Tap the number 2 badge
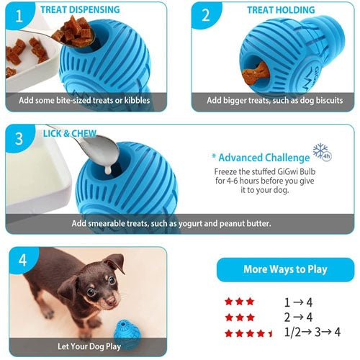[x=205, y=15]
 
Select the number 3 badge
[x=19, y=138]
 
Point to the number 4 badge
[x=22, y=260]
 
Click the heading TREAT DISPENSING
[x=80, y=9]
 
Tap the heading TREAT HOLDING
[x=281, y=10]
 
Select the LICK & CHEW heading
[x=70, y=133]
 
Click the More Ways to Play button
[x=285, y=269]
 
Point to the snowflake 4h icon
[x=323, y=152]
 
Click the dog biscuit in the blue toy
[x=255, y=73]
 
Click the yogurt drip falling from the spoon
[x=108, y=170]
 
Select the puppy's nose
[x=111, y=300]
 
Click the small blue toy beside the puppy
[x=127, y=334]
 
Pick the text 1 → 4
[x=298, y=302]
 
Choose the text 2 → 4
[x=298, y=318]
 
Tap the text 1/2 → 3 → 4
[x=312, y=332]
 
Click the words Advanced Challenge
[x=264, y=158]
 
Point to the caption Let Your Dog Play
[x=89, y=346]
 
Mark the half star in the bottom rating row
[x=271, y=333]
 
